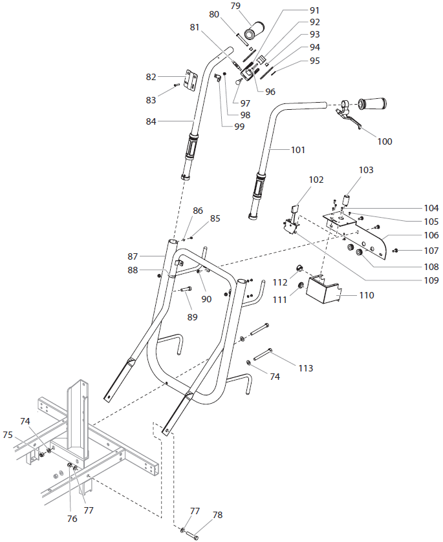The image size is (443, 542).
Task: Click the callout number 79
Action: [x=235, y=6]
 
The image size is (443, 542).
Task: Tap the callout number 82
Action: [x=151, y=77]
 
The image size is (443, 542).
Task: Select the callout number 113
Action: [x=305, y=368]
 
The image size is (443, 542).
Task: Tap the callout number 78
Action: [x=217, y=515]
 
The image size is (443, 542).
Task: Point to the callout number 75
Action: [x=8, y=435]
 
